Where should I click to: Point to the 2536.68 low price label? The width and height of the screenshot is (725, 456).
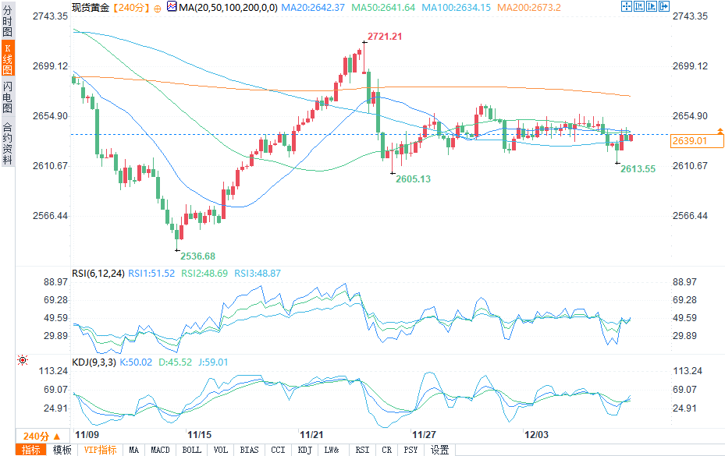tap(197, 256)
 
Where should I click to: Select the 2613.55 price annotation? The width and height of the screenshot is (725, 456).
tap(638, 168)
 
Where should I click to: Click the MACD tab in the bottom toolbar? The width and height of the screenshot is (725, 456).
tap(160, 450)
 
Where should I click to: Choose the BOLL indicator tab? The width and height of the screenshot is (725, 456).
tap(191, 450)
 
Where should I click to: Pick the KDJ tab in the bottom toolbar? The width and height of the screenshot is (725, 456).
tap(304, 450)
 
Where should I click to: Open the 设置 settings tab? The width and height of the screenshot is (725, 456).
tap(440, 450)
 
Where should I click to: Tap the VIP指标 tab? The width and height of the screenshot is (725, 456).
tap(100, 450)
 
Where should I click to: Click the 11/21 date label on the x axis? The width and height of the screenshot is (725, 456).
tap(312, 433)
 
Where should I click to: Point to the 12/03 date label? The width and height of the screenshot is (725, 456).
tap(537, 433)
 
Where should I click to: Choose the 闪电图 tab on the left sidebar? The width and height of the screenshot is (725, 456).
tap(7, 97)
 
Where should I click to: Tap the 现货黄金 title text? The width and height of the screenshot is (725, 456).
tap(92, 7)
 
